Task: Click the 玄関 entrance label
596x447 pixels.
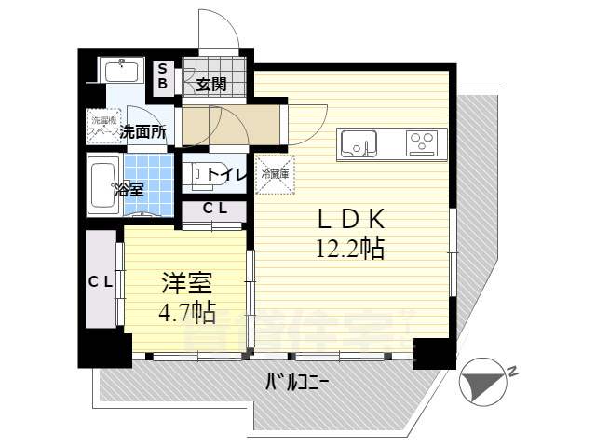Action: click(x=212, y=85)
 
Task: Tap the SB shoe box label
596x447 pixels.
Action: click(x=162, y=76)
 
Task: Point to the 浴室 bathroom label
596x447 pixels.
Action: click(x=129, y=189)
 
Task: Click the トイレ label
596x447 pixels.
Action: click(x=225, y=174)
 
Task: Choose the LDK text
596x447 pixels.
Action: click(x=351, y=219)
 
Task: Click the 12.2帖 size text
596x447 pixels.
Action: click(x=350, y=248)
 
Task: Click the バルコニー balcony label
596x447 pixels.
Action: click(x=297, y=382)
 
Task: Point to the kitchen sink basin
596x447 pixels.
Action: click(x=358, y=143)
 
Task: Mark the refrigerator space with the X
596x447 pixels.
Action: click(x=276, y=174)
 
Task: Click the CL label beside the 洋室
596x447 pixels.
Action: click(x=101, y=281)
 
